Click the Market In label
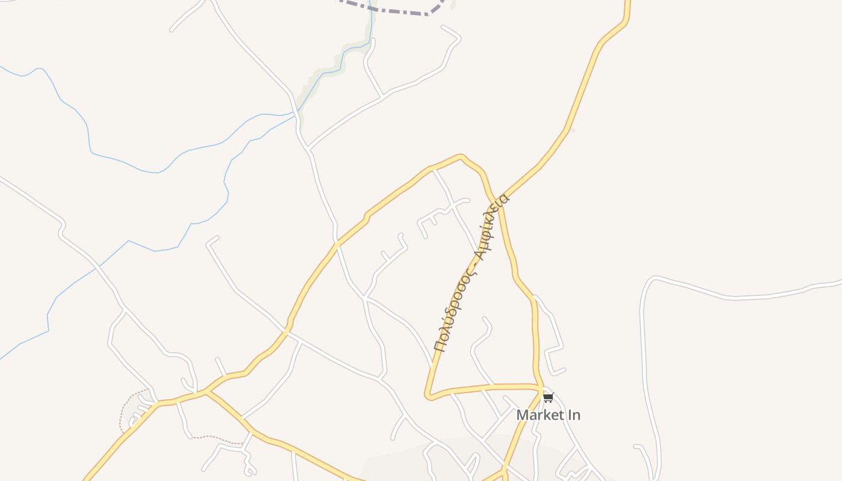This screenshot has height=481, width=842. click(548, 415)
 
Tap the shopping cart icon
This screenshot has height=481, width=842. click(548, 397)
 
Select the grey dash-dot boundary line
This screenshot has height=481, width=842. click(391, 10)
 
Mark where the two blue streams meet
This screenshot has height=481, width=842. click(295, 112)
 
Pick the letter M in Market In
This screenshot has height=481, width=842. click(523, 415)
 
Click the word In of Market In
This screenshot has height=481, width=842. click(573, 415)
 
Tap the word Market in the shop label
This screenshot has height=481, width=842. click(538, 415)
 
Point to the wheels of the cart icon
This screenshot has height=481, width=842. click(548, 401)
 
